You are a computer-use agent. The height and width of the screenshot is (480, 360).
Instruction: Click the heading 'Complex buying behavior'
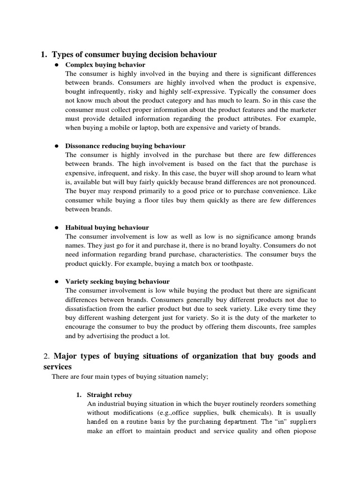point(105,65)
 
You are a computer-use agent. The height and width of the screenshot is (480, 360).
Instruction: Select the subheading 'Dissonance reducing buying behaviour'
point(125,146)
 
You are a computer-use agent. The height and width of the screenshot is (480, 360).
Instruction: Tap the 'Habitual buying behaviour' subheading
point(107,227)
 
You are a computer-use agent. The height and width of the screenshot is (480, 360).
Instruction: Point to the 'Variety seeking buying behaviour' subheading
point(117,282)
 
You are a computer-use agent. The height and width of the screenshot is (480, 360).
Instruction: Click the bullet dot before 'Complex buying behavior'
point(55,65)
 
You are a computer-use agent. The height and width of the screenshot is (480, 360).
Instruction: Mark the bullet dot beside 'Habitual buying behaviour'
point(55,227)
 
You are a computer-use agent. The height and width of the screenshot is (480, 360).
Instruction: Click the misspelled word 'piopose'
point(305,431)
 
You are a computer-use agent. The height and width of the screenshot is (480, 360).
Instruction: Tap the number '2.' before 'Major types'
point(46,356)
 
